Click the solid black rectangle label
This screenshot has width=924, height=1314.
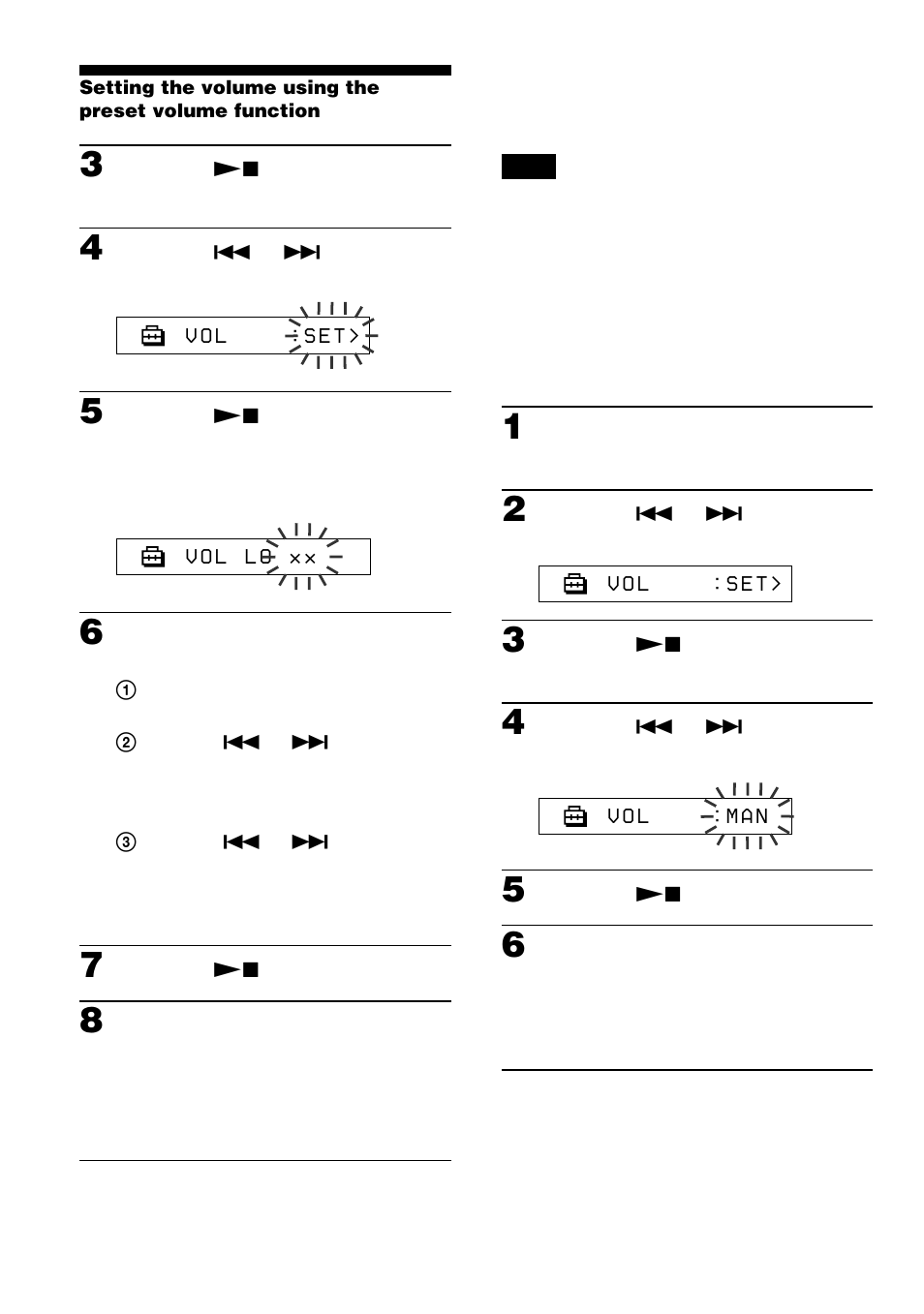528,167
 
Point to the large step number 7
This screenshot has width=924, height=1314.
91,965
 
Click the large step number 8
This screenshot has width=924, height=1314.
91,1021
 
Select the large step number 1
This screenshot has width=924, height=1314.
513,427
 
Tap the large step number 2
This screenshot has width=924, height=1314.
514,509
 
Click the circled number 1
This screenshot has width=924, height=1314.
126,690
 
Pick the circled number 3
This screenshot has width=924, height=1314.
126,842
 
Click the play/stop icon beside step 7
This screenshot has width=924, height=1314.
236,969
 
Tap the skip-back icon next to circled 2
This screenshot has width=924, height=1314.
241,743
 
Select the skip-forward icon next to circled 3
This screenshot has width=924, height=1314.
310,842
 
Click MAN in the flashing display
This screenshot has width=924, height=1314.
747,816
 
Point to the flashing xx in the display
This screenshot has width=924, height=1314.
303,559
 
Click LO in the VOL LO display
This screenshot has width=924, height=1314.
258,557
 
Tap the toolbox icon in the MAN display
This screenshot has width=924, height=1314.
575,816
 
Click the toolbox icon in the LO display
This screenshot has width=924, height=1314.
153,557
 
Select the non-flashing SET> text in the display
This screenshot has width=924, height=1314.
753,584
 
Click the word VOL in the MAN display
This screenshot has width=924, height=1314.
628,816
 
